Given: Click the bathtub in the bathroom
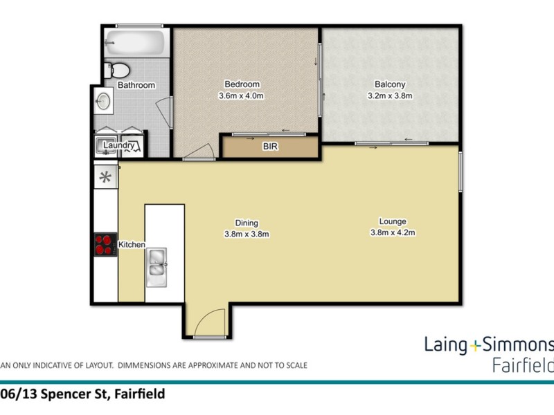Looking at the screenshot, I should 136,44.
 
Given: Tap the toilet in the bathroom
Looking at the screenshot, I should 118,69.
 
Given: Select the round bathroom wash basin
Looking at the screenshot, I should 102,102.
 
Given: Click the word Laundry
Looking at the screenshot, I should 120,146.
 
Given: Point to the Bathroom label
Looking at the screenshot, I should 136,85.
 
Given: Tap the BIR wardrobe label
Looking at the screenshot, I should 269,147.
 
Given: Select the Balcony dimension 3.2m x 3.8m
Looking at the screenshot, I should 389,96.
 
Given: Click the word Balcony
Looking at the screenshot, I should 389,86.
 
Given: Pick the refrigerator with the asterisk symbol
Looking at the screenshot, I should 105,176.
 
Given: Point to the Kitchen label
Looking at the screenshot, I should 132,245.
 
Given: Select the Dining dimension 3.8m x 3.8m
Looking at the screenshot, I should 247,234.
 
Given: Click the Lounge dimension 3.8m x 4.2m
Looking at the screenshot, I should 392,232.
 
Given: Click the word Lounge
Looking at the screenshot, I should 392,221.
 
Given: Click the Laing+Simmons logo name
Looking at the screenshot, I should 488,345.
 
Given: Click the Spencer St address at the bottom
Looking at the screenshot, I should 83,394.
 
